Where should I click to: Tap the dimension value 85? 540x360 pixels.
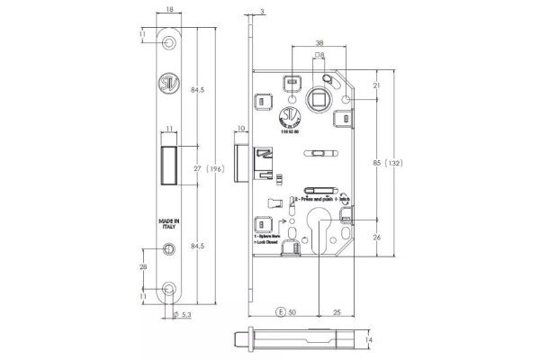376,164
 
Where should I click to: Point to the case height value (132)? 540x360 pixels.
393,164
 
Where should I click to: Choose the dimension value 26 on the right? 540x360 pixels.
376,238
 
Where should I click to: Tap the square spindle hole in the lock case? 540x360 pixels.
320,96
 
